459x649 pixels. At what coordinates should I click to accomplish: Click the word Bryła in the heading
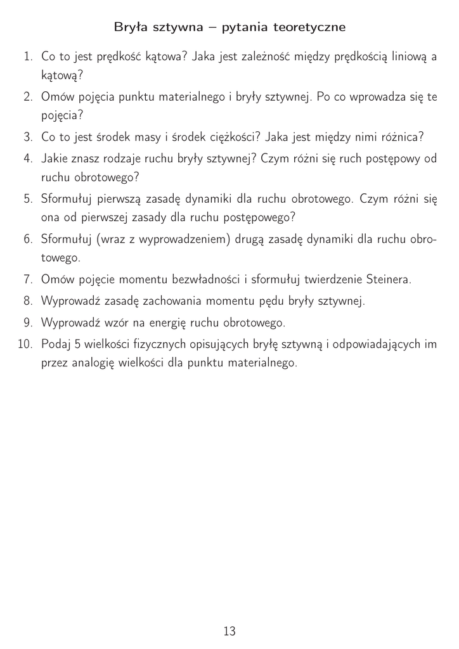coord(128,28)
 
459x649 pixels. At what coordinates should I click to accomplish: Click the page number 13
coord(229,631)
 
